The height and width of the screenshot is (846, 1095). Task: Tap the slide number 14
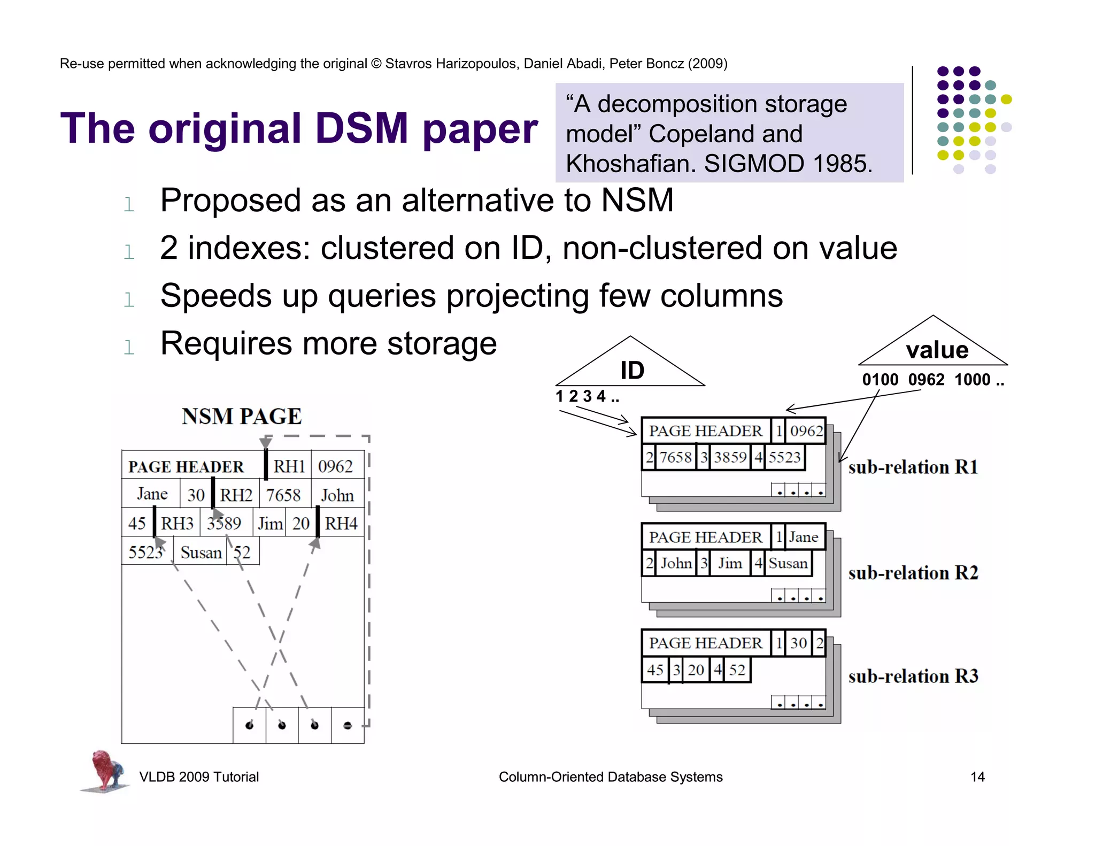(977, 777)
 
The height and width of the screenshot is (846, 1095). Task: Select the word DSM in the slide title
(361, 129)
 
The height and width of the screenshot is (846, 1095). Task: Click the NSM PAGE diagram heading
(242, 417)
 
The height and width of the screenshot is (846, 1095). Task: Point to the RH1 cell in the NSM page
(289, 466)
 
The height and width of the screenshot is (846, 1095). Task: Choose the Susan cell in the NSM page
(201, 552)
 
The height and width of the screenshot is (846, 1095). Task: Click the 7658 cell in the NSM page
(283, 495)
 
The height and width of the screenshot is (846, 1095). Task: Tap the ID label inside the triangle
(632, 371)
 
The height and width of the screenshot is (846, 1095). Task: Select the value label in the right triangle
(937, 350)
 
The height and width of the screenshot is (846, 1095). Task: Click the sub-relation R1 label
(913, 467)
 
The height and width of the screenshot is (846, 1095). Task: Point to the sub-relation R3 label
(913, 676)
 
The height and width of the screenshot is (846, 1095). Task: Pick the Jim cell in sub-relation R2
(730, 564)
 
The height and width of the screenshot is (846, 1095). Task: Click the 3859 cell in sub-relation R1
(730, 457)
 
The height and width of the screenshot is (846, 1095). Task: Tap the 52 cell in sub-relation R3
(737, 670)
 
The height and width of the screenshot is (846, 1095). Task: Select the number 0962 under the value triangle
(926, 380)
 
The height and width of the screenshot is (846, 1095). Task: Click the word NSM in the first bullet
(637, 201)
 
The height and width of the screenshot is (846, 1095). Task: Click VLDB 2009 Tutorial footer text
(199, 777)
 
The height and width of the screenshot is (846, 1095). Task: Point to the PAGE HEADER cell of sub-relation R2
(705, 537)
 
